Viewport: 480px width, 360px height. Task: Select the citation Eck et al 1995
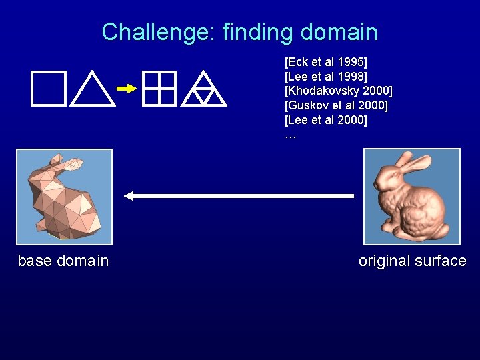[326, 63]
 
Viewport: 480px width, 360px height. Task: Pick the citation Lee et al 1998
[326, 77]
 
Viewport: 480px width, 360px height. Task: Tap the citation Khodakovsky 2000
[339, 91]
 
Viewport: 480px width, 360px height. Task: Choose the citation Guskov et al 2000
[336, 105]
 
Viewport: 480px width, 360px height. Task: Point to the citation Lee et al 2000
[326, 120]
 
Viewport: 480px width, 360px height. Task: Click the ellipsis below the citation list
[290, 135]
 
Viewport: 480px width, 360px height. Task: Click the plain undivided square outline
[48, 89]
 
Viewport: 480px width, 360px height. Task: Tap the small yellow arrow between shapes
[126, 88]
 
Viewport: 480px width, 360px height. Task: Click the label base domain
[63, 261]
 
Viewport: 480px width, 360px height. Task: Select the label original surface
[412, 261]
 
